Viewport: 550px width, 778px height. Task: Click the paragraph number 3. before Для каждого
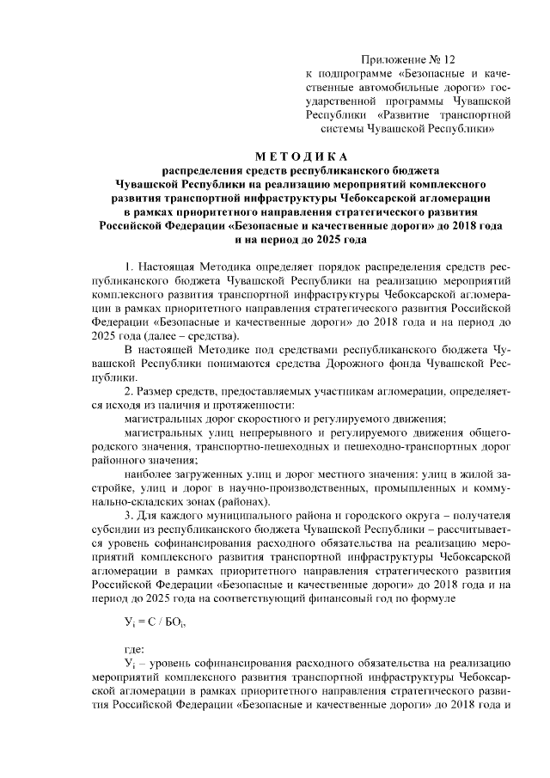129,515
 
